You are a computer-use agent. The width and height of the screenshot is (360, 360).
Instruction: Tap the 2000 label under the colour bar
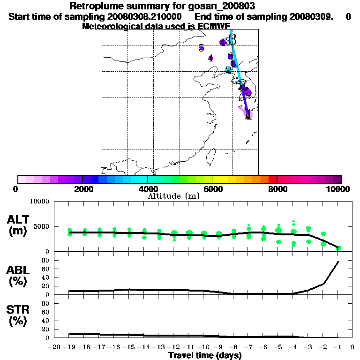(x=82, y=189)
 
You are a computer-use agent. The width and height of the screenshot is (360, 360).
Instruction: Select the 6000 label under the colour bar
(x=212, y=189)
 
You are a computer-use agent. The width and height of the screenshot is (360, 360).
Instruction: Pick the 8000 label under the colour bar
(x=277, y=189)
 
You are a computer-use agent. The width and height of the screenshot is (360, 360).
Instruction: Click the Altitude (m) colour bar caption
(x=173, y=196)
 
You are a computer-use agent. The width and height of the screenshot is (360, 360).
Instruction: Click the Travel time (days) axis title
(x=205, y=355)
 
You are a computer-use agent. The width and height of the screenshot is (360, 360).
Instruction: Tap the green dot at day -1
(x=338, y=248)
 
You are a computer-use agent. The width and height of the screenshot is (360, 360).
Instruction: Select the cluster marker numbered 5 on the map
(x=201, y=48)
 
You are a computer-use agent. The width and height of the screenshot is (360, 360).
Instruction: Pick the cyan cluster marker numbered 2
(x=228, y=70)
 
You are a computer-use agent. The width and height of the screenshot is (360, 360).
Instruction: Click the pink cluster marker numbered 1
(x=248, y=114)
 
